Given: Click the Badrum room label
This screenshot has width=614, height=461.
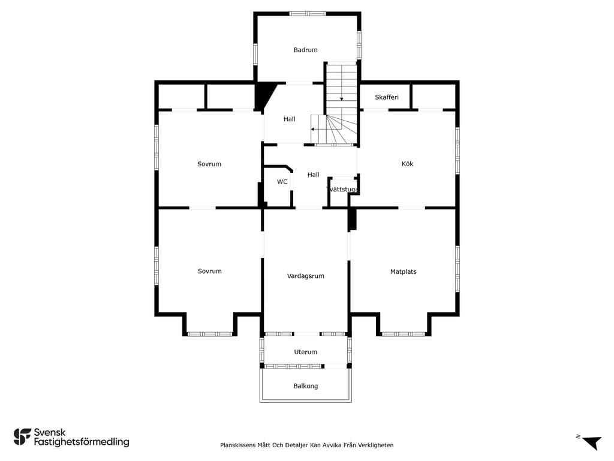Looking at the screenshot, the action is click(x=305, y=50).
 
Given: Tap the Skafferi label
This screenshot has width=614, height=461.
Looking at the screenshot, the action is click(x=387, y=97).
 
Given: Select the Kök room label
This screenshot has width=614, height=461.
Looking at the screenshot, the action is click(x=407, y=164).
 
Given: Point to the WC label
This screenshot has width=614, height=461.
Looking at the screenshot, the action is click(x=282, y=182).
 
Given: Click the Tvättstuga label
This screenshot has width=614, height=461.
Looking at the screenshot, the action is click(x=342, y=189).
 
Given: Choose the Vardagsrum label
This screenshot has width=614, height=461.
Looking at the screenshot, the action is click(x=305, y=276).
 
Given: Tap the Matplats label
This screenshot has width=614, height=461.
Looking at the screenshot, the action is click(x=404, y=272).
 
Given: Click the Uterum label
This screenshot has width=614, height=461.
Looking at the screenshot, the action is click(x=305, y=352).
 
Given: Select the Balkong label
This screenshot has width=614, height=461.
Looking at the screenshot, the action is click(x=305, y=386).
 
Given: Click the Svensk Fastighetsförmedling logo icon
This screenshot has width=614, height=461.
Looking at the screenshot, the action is click(x=22, y=437).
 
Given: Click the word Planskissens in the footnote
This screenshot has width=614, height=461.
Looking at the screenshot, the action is click(x=237, y=445).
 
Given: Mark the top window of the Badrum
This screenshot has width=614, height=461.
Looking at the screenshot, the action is click(x=308, y=14).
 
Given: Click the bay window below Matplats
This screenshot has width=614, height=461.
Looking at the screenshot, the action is click(x=404, y=334).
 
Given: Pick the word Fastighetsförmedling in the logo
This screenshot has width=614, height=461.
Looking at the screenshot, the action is click(x=82, y=442).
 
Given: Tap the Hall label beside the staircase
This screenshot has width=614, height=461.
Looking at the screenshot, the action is click(x=290, y=119).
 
